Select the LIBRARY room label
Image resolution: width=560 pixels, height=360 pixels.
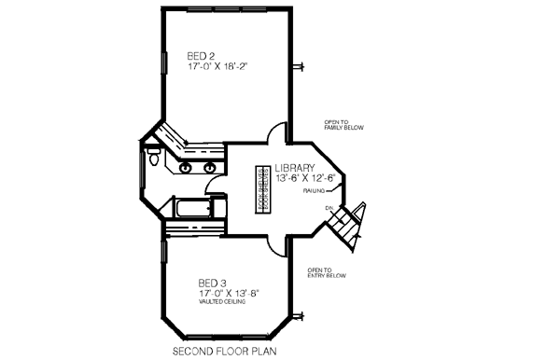point(295,169)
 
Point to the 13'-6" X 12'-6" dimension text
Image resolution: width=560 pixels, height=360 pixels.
point(304,178)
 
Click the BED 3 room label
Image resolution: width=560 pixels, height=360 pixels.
point(212,283)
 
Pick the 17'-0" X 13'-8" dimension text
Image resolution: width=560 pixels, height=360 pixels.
point(228,293)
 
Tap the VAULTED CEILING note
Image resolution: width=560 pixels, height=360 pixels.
point(220,301)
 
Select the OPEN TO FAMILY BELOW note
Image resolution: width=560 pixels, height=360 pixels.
point(346,124)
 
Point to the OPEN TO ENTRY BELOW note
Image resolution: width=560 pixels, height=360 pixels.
point(327,273)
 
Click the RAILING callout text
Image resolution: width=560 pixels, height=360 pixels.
point(313,190)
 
